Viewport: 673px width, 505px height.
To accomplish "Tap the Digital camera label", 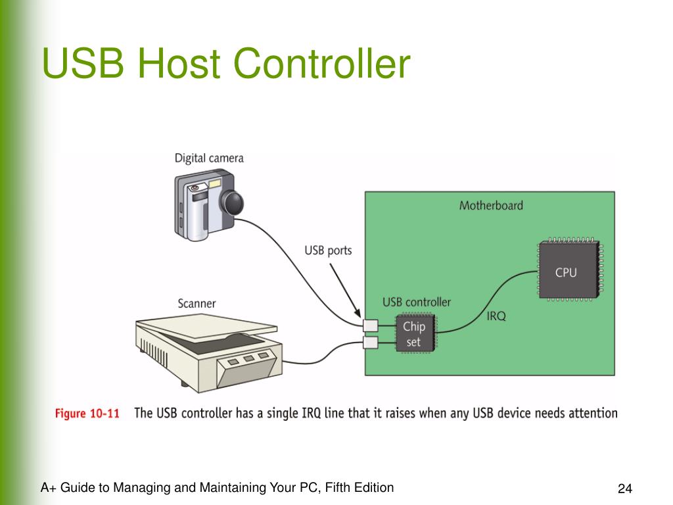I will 209,158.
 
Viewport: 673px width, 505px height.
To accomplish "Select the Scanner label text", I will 197,303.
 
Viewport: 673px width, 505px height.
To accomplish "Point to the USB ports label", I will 328,251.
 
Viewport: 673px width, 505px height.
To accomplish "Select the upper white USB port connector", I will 371,325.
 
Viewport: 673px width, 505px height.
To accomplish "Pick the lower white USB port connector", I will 371,342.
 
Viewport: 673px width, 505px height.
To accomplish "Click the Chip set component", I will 414,334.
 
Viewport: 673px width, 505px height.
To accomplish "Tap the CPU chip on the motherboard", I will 566,272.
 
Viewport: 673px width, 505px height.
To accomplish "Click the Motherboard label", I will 491,205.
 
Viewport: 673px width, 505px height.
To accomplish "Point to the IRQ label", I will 496,316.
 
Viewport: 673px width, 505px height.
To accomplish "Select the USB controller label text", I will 417,302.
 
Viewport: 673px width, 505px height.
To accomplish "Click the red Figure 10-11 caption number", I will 87,414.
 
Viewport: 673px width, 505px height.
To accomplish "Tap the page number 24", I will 624,489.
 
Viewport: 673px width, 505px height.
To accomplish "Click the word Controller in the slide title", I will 321,64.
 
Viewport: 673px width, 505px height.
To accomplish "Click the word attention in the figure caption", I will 589,413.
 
